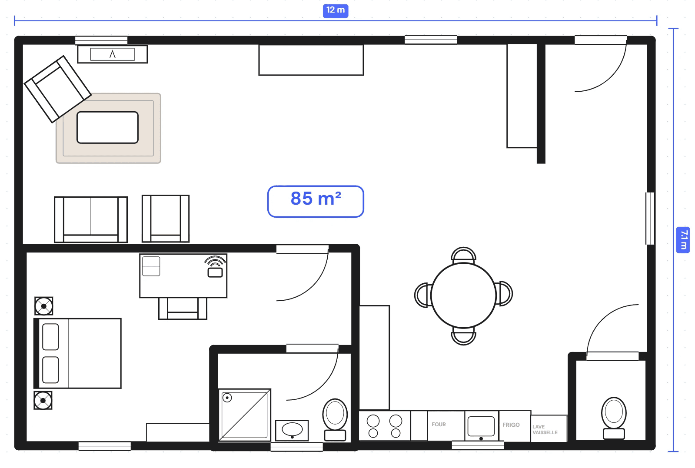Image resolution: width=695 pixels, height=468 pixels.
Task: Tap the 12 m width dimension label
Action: pyautogui.click(x=335, y=10)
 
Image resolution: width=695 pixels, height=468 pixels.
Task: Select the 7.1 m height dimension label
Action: pyautogui.click(x=683, y=239)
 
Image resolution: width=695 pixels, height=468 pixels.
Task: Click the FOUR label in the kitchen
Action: pyautogui.click(x=439, y=425)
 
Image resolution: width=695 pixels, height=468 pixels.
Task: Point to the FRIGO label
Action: pyautogui.click(x=511, y=425)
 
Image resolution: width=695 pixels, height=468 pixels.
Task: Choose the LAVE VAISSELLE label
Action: pyautogui.click(x=545, y=429)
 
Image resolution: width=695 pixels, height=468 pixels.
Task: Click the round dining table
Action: pyautogui.click(x=463, y=295)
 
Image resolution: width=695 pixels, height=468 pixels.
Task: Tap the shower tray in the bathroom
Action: pyautogui.click(x=244, y=415)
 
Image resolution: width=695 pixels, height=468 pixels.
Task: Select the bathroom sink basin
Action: pyautogui.click(x=292, y=430)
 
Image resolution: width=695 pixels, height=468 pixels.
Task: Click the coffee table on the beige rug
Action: pyautogui.click(x=107, y=127)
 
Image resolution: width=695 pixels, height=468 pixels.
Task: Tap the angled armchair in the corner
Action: pyautogui.click(x=57, y=89)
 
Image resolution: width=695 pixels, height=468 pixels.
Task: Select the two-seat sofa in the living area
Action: pyautogui.click(x=91, y=219)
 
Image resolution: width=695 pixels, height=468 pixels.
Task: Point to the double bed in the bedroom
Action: pyautogui.click(x=78, y=353)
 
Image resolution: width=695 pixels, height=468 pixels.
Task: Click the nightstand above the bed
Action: pyautogui.click(x=44, y=306)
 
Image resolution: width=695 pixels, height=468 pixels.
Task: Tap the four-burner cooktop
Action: pyautogui.click(x=384, y=426)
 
